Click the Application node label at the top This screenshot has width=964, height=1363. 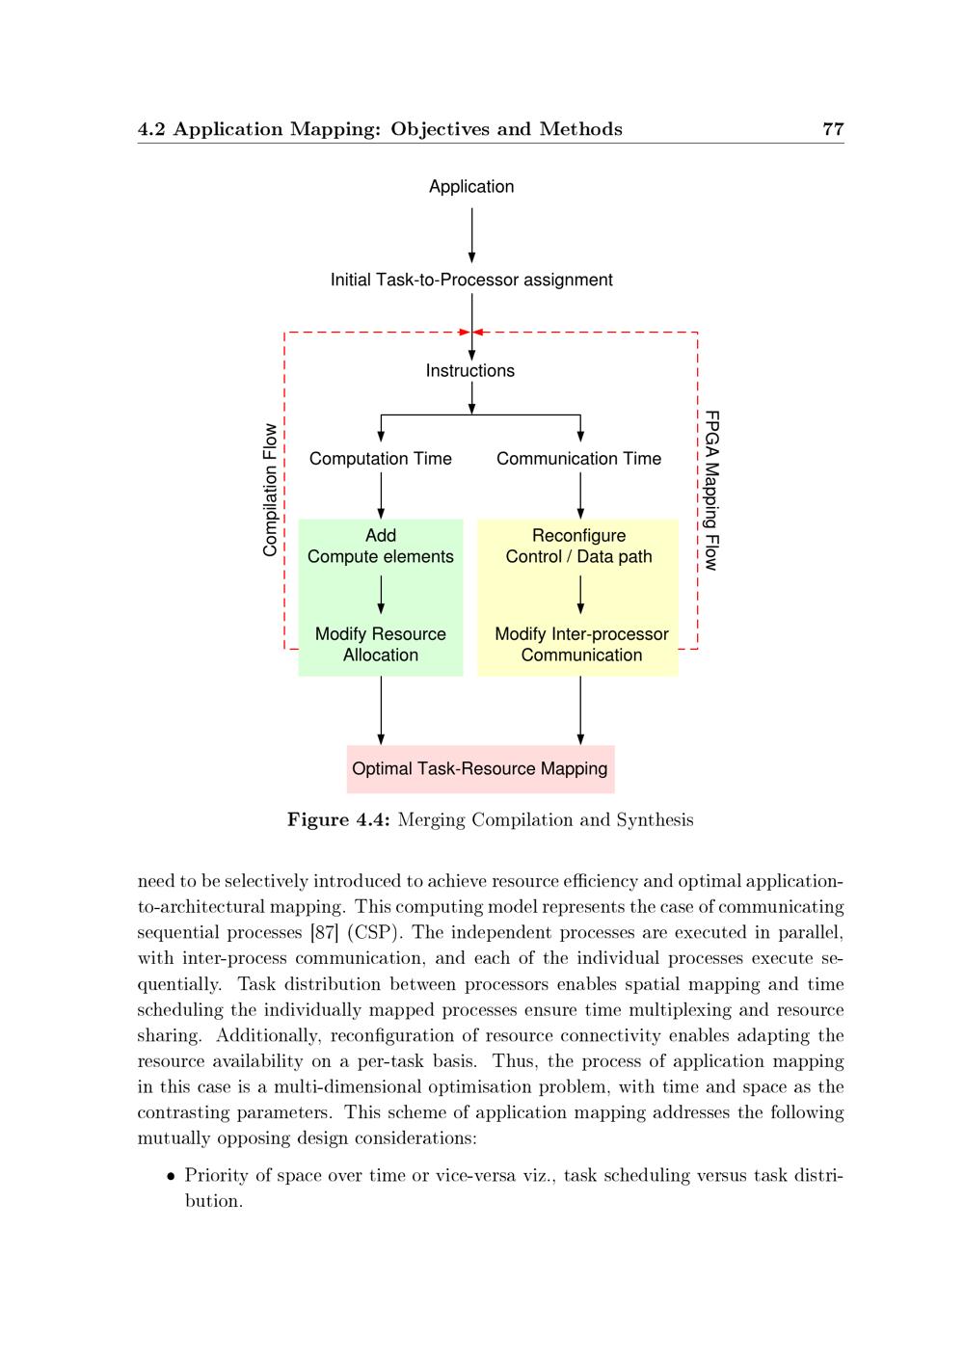[471, 187]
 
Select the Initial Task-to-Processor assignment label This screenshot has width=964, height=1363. [471, 281]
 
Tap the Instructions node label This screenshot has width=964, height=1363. [470, 371]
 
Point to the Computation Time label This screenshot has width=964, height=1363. [381, 459]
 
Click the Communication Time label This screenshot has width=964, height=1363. [578, 459]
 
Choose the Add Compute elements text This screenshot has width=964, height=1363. [381, 547]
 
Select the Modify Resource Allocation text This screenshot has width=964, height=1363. [381, 645]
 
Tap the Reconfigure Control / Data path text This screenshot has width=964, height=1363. [578, 547]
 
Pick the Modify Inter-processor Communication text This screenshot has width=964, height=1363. [581, 645]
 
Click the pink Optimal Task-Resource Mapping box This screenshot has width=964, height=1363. [480, 769]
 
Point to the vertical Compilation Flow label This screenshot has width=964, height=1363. [270, 490]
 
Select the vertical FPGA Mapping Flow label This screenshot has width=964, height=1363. [711, 490]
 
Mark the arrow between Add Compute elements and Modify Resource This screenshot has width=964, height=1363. [381, 595]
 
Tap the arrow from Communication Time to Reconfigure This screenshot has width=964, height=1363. [580, 495]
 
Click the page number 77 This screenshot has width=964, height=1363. [833, 129]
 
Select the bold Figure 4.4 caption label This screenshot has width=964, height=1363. [338, 820]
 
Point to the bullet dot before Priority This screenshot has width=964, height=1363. [171, 1176]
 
